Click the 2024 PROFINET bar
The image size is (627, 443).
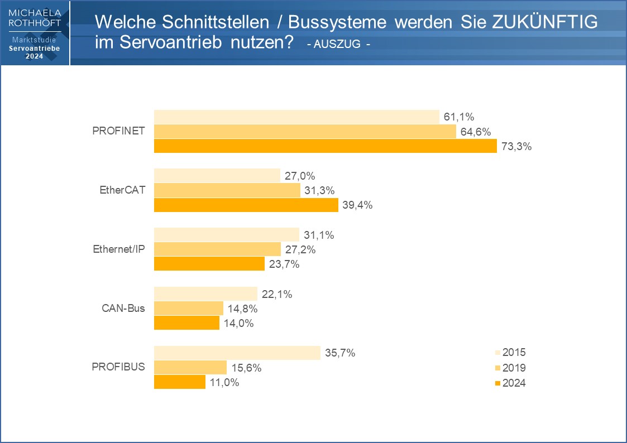(x=325, y=146)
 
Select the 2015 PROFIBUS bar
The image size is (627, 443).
(x=237, y=353)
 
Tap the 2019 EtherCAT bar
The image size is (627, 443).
(x=227, y=190)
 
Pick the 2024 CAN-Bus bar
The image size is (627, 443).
(x=186, y=323)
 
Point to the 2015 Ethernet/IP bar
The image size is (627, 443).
(x=227, y=235)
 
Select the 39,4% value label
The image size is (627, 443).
(x=357, y=205)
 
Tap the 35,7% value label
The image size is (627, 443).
(x=340, y=353)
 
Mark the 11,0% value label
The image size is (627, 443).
(x=224, y=383)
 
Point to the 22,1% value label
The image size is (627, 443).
(x=277, y=294)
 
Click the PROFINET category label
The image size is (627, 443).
(x=118, y=131)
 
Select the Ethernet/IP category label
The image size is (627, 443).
(x=119, y=249)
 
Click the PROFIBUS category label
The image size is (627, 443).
(x=118, y=367)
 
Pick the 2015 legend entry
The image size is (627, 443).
(x=510, y=353)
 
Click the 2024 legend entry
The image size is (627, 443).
(x=510, y=383)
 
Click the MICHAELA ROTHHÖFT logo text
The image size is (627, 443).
(x=35, y=17)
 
